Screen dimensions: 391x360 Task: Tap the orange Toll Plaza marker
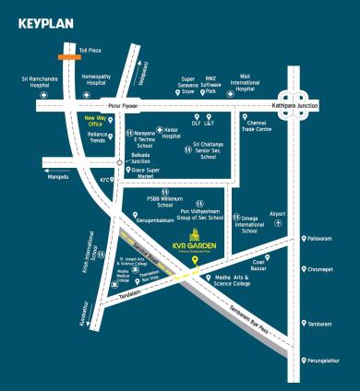[x=67, y=56]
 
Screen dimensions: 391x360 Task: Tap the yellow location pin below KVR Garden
[x=194, y=261]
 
